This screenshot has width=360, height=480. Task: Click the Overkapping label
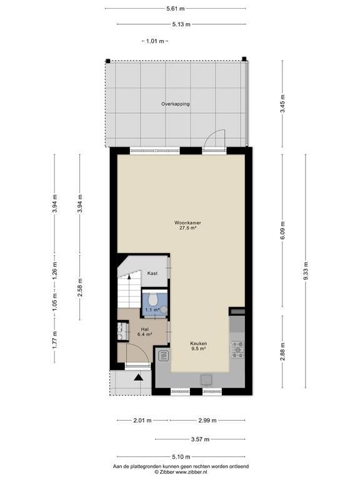tap(176, 104)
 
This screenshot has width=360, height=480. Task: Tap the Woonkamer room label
tap(187, 223)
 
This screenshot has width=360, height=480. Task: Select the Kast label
tap(152, 273)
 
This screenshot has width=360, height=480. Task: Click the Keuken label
tap(198, 344)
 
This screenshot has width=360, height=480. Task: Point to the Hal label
tap(145, 329)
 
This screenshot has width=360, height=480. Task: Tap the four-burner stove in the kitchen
tap(237, 349)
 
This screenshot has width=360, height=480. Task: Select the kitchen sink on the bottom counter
tap(207, 379)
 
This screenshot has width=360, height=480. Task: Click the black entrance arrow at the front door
tap(139, 377)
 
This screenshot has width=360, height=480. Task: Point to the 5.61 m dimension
tap(176, 9)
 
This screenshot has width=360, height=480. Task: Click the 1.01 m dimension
tap(155, 41)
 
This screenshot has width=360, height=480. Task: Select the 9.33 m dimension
tap(306, 271)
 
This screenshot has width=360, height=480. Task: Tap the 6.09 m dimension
tap(282, 231)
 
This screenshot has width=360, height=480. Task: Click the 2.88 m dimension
tap(282, 352)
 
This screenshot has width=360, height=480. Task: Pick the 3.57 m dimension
tap(200, 439)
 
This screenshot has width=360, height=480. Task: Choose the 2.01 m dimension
tap(142, 420)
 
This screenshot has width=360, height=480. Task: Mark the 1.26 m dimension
tap(55, 270)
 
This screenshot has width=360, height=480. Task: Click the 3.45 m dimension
tap(282, 104)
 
